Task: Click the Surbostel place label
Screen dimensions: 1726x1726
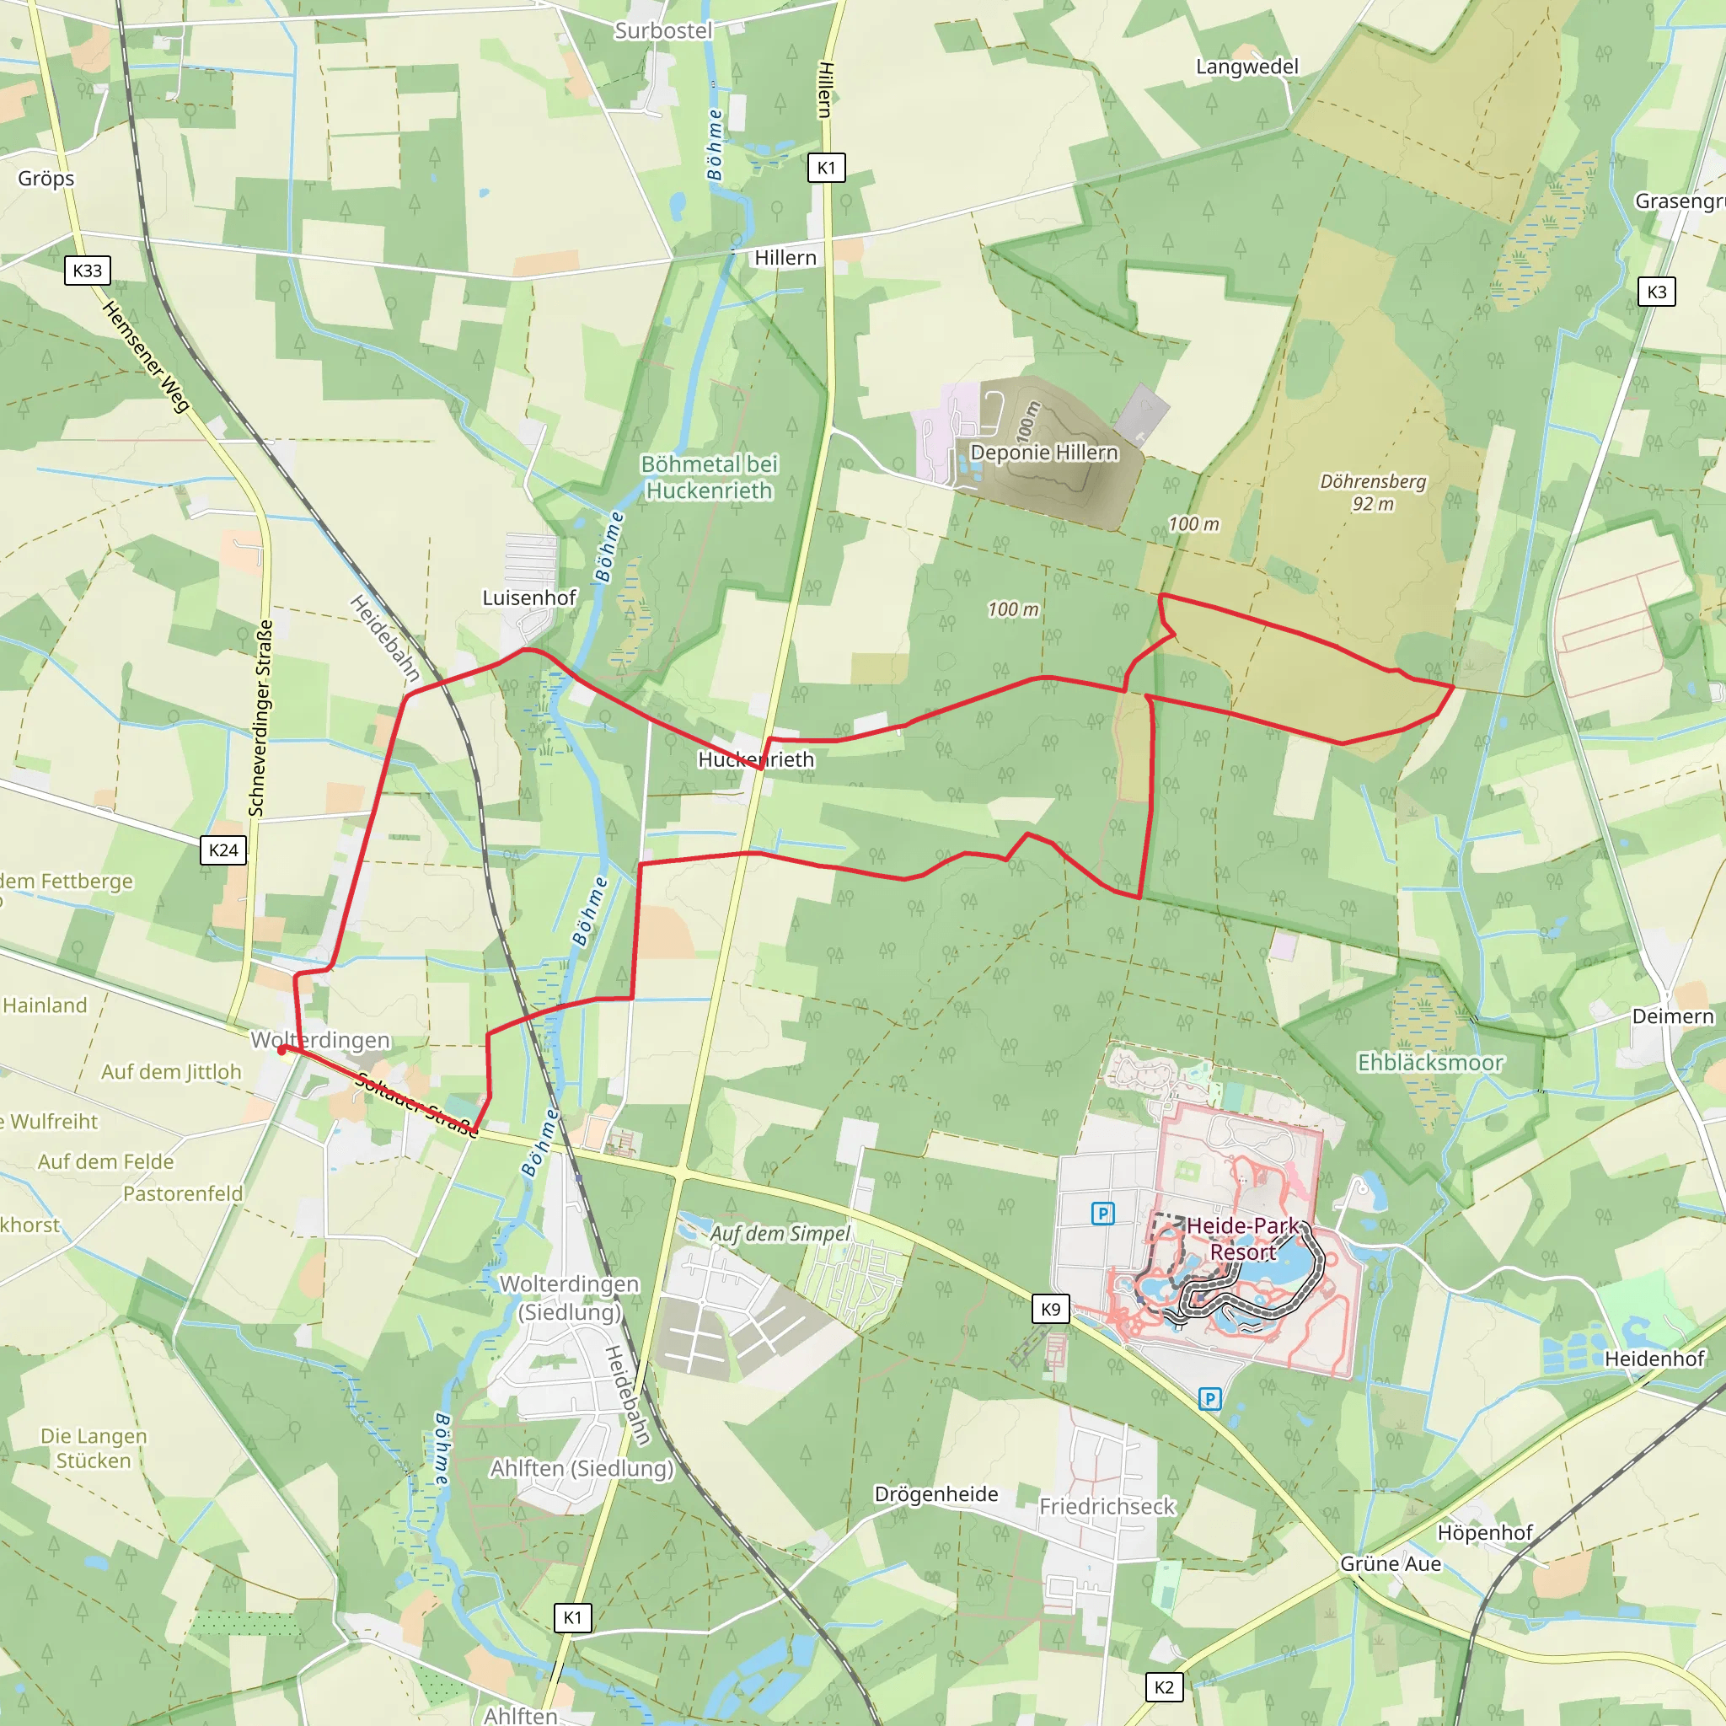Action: pyautogui.click(x=663, y=31)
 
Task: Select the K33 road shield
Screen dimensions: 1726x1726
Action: pyautogui.click(x=88, y=271)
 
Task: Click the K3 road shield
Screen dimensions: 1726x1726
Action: pyautogui.click(x=1656, y=292)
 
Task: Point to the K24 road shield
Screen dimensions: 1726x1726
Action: pyautogui.click(x=223, y=850)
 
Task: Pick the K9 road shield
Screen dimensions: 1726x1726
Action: pyautogui.click(x=1051, y=1310)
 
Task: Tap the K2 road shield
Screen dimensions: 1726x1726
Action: pyautogui.click(x=1164, y=1687)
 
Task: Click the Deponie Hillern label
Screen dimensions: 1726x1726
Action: pyautogui.click(x=1043, y=453)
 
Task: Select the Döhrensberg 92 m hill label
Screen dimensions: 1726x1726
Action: pyautogui.click(x=1373, y=492)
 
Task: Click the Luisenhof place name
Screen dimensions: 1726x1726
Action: pyautogui.click(x=529, y=598)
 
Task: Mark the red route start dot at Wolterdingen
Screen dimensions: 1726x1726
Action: pyautogui.click(x=282, y=1051)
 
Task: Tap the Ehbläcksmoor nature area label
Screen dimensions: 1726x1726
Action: pyautogui.click(x=1430, y=1062)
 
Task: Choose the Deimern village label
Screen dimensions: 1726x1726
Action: pyautogui.click(x=1672, y=1016)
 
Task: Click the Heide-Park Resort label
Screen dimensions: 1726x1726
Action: pyautogui.click(x=1243, y=1238)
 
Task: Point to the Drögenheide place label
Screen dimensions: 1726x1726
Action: pyautogui.click(x=935, y=1494)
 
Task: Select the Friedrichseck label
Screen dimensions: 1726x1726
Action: pyautogui.click(x=1107, y=1507)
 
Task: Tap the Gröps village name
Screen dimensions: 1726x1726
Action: pyautogui.click(x=46, y=179)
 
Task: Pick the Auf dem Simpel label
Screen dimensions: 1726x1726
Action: pyautogui.click(x=780, y=1234)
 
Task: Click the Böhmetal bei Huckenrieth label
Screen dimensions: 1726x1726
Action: pyautogui.click(x=710, y=477)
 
